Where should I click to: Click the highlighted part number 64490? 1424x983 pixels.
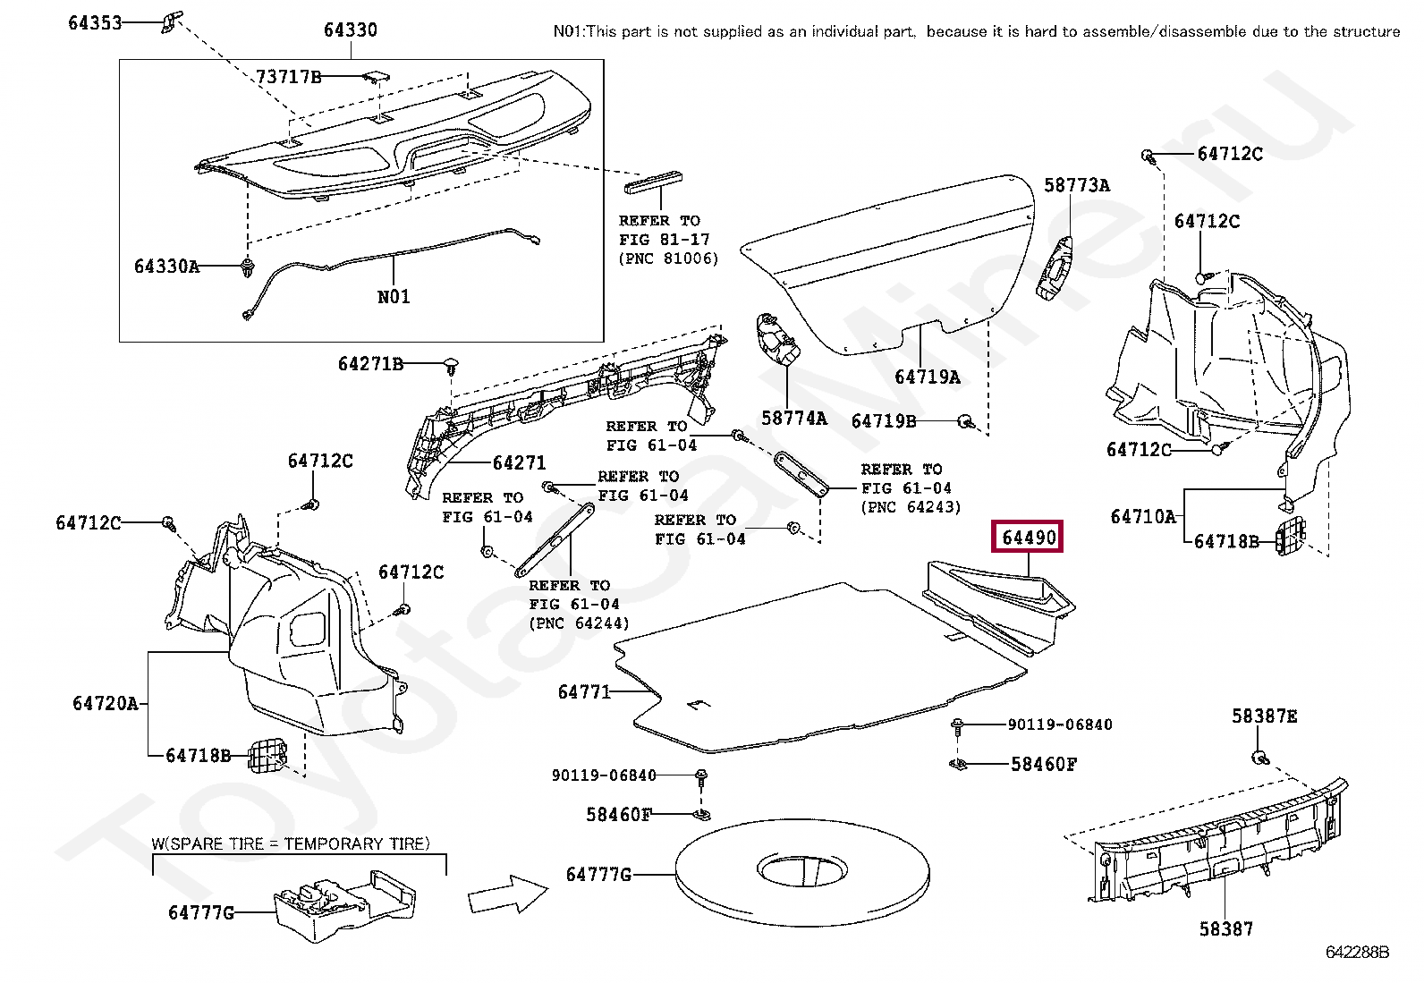1029,538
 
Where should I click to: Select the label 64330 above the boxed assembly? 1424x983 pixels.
350,30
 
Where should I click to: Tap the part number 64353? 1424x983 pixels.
95,22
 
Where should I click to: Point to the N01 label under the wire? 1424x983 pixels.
394,297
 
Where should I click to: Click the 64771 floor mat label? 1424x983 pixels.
583,691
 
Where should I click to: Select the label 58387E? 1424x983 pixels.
1264,716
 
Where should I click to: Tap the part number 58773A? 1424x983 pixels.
1077,185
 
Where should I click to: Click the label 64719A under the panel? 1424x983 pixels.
928,377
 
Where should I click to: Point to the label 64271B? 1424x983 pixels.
370,364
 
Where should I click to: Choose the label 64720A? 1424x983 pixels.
106,703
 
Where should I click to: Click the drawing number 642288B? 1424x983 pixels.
1357,952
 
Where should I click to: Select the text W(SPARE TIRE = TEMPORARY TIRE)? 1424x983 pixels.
290,843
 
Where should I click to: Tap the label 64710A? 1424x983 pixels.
1142,516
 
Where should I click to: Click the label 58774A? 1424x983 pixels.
793,418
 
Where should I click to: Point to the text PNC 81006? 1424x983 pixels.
668,258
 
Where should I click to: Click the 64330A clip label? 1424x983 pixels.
166,267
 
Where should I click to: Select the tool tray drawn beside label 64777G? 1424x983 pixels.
344,903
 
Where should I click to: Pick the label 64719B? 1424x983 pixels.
883,420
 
